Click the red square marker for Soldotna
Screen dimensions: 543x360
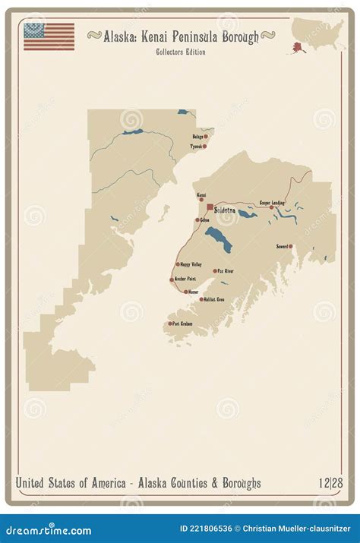coord(210,207)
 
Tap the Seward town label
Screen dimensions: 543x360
coord(281,246)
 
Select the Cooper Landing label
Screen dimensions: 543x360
coord(272,202)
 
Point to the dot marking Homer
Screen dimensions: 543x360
coord(186,291)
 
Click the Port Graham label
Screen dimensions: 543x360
coord(182,324)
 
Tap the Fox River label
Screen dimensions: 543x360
coord(226,270)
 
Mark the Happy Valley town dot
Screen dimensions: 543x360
coord(178,264)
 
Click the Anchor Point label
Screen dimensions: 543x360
coord(185,279)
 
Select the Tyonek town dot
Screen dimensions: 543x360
coord(204,146)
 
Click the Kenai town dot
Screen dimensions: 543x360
coord(201,201)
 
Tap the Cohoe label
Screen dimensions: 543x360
coord(205,220)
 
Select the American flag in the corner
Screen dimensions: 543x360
coord(49,36)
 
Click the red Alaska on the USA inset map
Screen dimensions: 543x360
coord(292,48)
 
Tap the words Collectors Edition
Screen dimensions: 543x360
coord(180,52)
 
